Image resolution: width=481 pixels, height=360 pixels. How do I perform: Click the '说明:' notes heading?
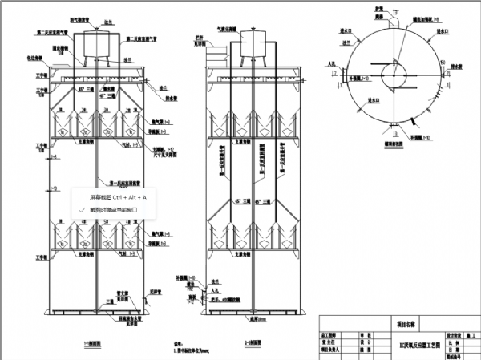[x=180, y=342]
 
